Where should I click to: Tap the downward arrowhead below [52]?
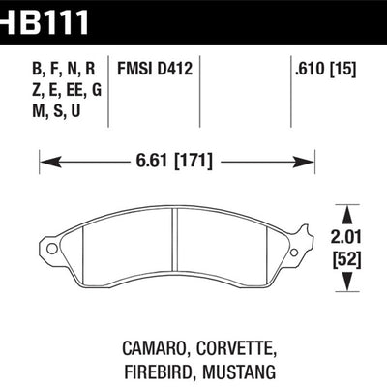tap(349, 284)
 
